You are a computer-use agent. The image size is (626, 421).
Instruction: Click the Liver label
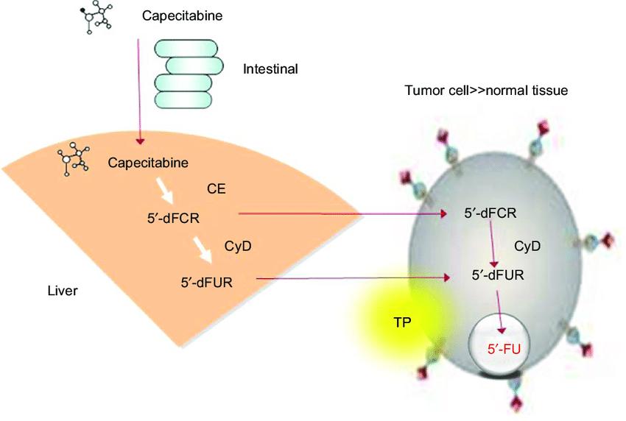pyautogui.click(x=62, y=291)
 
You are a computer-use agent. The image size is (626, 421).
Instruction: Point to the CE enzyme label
pyautogui.click(x=217, y=189)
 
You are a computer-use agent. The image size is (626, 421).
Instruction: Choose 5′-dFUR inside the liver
pyautogui.click(x=207, y=280)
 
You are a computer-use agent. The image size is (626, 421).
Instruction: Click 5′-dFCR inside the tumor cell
pyautogui.click(x=490, y=213)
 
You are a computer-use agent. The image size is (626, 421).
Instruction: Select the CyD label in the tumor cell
pyautogui.click(x=527, y=246)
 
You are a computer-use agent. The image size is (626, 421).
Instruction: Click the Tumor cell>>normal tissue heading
pyautogui.click(x=494, y=91)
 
